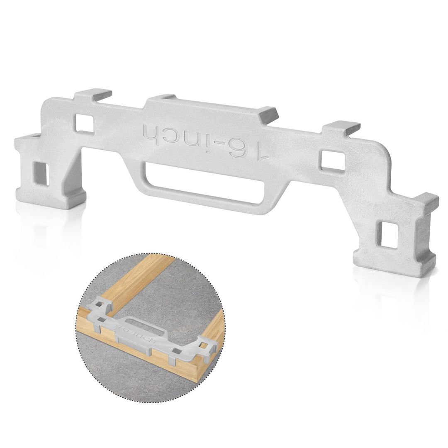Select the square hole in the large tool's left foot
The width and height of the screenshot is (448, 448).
(41, 173)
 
